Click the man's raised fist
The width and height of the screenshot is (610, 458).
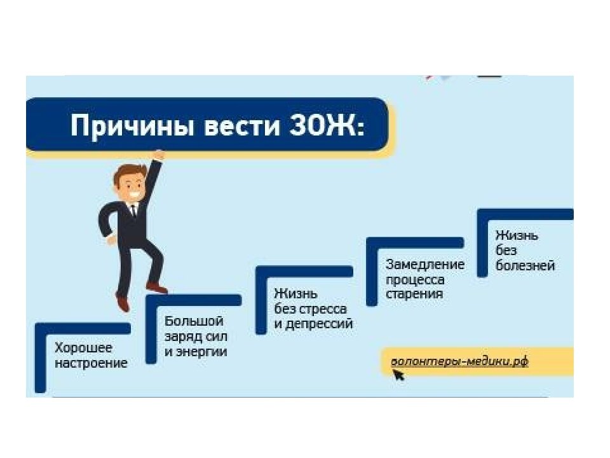(158, 155)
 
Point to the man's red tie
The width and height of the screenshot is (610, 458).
(133, 211)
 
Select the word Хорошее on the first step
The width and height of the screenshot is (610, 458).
(83, 348)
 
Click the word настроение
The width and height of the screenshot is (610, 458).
(91, 363)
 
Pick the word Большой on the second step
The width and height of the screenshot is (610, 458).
(194, 321)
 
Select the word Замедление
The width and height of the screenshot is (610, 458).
(425, 264)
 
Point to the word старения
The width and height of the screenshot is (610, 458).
(414, 295)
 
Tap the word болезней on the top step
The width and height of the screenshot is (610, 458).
(525, 265)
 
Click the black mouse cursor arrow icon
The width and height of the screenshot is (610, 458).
(398, 375)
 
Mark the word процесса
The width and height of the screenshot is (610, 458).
(415, 280)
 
